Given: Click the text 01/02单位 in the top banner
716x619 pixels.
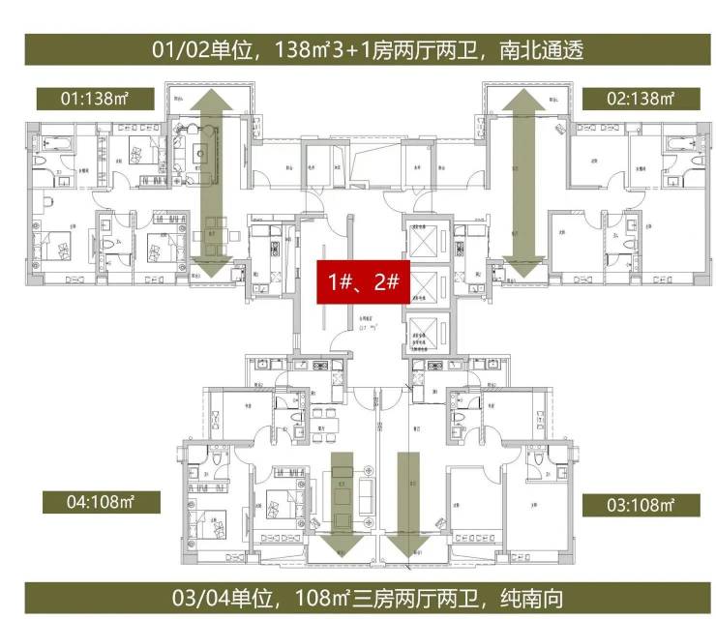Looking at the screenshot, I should [201, 48].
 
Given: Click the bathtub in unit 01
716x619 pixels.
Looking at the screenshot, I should [51, 144].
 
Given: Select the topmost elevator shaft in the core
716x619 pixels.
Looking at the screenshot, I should [424, 238].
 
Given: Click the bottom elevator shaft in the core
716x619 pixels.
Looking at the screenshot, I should [424, 334].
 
